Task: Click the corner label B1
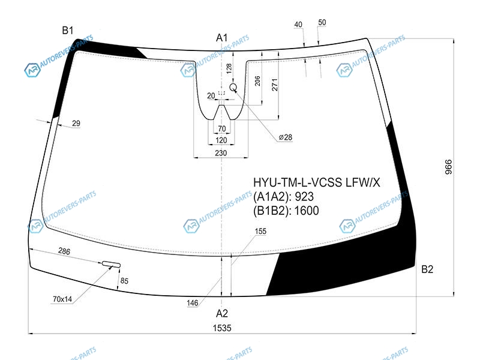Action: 68,31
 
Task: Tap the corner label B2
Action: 427,269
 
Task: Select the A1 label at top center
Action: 221,38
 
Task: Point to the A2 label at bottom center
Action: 222,313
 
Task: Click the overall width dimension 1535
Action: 222,328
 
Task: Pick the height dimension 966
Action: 448,167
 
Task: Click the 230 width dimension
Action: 221,153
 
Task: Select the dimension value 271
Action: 275,85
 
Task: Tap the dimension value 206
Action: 257,81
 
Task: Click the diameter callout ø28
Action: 286,137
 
